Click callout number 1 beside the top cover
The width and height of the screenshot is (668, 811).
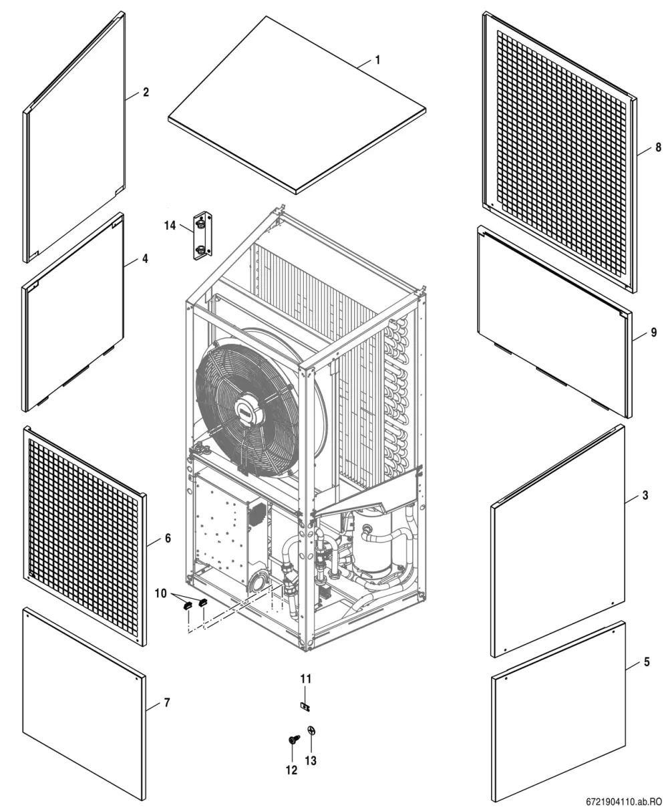(377, 60)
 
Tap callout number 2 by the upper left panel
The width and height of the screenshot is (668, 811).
(146, 92)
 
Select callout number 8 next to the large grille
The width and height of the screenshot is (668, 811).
(659, 147)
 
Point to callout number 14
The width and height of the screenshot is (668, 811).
(170, 226)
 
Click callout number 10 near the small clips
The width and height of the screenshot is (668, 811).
(161, 593)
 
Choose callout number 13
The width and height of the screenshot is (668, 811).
(311, 760)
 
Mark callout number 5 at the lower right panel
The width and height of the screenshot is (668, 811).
(646, 661)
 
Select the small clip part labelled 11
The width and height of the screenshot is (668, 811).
(305, 707)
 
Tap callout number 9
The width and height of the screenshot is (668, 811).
(654, 332)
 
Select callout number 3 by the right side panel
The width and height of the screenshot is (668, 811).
(645, 495)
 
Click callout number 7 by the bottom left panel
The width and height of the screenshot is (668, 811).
(166, 703)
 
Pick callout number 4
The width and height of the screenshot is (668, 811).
(145, 259)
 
